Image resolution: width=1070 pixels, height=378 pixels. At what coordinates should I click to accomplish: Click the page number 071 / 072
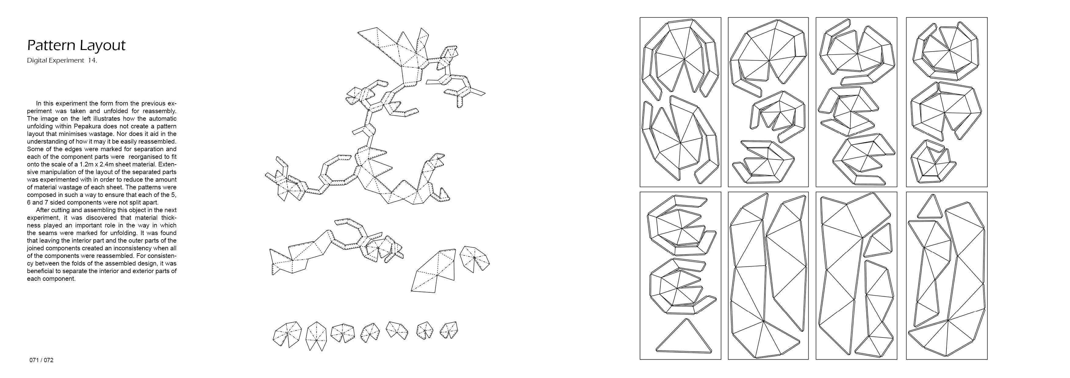click(41, 360)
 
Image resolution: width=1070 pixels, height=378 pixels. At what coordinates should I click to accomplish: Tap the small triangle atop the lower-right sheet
click(930, 208)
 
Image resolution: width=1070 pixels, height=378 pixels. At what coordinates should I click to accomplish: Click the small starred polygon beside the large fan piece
click(475, 259)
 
